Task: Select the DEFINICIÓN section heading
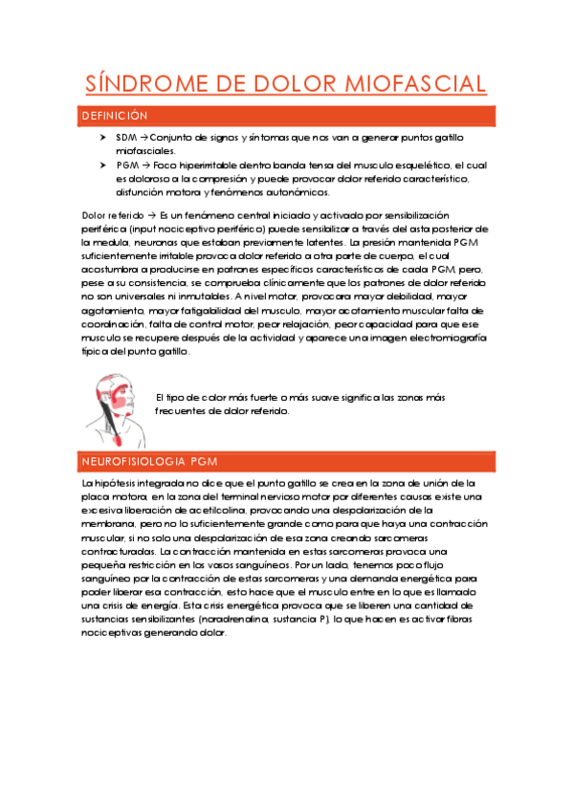pyautogui.click(x=114, y=116)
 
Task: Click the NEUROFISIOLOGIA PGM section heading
pyautogui.click(x=148, y=462)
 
